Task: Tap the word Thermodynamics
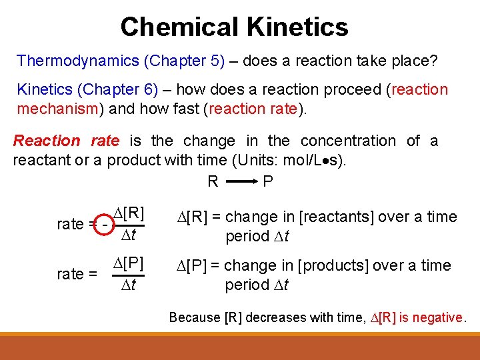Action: [76, 61]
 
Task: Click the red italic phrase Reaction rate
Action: [66, 141]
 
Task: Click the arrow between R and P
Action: [241, 181]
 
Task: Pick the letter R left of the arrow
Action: [213, 181]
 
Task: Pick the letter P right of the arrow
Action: [268, 181]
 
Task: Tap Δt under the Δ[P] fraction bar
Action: [129, 286]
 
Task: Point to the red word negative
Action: [437, 317]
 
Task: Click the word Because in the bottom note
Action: [195, 317]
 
